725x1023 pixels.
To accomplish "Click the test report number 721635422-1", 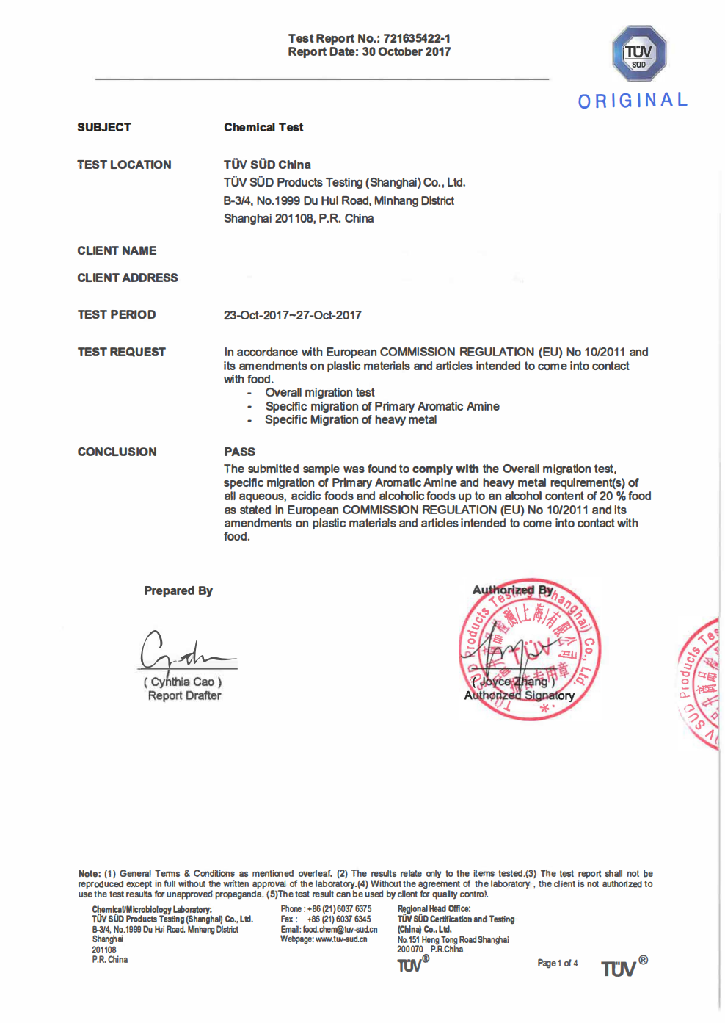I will click(x=416, y=38).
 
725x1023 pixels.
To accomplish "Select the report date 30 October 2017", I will click(x=406, y=52).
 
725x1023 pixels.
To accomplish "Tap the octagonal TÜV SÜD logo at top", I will click(x=639, y=54).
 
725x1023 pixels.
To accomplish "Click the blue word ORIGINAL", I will click(x=633, y=101).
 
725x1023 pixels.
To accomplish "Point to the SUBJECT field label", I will click(x=104, y=128).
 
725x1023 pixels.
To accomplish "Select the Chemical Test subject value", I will click(x=263, y=128).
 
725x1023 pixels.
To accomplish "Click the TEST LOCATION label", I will click(x=124, y=165).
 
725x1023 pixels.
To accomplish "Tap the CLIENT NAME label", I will click(x=117, y=251).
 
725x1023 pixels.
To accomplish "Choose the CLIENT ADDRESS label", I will click(x=128, y=278).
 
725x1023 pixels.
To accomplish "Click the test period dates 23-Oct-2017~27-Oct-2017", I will click(x=292, y=316).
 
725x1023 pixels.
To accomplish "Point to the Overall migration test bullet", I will click(x=320, y=393).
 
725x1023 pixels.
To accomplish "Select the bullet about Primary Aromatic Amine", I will click(x=382, y=407).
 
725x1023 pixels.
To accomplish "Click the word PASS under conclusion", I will click(x=239, y=452).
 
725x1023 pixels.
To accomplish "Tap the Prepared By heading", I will click(x=178, y=591).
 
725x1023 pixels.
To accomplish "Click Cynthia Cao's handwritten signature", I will click(x=183, y=651).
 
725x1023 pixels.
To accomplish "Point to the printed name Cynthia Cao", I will click(x=183, y=682).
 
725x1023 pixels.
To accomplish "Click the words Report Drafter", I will click(x=184, y=696).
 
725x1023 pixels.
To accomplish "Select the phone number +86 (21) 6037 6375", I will click(x=339, y=909).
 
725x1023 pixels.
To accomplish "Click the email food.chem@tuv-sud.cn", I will click(x=340, y=930).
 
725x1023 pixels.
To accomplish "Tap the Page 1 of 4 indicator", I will click(x=557, y=964).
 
